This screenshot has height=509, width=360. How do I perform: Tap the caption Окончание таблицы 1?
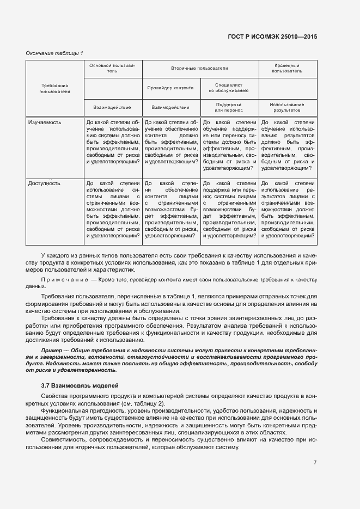coord(54,53)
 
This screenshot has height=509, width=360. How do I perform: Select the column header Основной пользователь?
coord(112,68)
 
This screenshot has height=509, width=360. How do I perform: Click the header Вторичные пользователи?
coord(199,69)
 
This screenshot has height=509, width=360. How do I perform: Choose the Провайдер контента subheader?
coord(170,87)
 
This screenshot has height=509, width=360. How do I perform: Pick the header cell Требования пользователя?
coord(54,88)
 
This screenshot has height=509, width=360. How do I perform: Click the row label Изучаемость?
coord(45,122)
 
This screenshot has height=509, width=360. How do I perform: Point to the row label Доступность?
coord(44,183)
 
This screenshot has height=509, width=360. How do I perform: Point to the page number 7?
coord(315,463)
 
